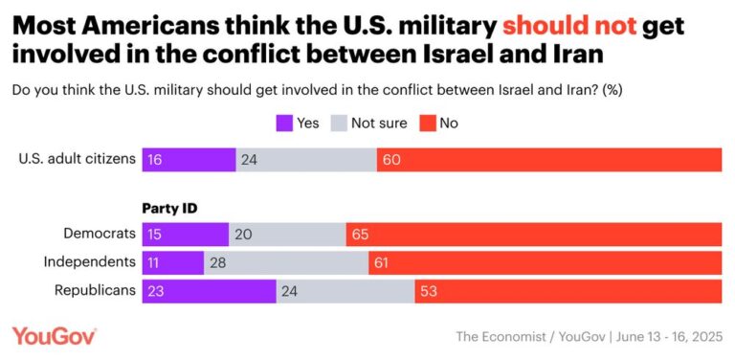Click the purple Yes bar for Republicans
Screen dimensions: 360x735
(x=209, y=291)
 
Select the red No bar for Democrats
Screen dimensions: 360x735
(x=534, y=235)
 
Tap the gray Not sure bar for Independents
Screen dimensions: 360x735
(x=286, y=262)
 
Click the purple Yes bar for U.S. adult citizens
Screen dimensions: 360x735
(x=189, y=160)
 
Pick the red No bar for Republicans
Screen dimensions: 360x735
(x=568, y=291)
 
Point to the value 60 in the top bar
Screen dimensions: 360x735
(x=392, y=160)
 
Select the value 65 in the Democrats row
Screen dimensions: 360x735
(x=362, y=235)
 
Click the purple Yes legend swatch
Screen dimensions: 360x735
(x=284, y=123)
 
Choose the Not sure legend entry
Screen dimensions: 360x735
(x=368, y=123)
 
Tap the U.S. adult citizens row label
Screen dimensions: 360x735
(x=78, y=160)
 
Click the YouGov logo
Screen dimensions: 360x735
(x=54, y=335)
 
